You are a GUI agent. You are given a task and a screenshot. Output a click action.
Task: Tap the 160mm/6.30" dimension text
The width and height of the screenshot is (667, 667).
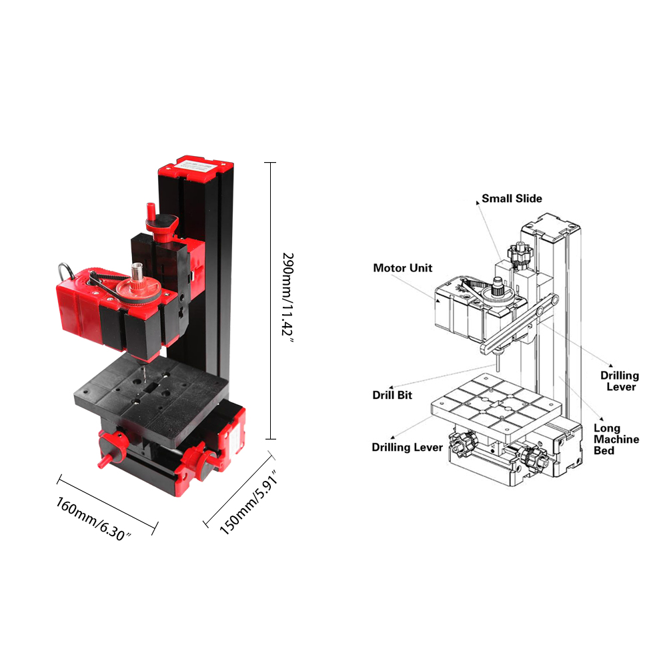(93, 519)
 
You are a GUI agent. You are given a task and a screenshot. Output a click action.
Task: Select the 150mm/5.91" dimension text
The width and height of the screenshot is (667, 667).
(249, 502)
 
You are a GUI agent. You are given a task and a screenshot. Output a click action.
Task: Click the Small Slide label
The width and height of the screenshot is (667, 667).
(512, 198)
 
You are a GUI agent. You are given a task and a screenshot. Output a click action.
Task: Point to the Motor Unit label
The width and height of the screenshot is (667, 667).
(402, 267)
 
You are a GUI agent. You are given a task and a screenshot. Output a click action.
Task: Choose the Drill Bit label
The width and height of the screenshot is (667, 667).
(392, 395)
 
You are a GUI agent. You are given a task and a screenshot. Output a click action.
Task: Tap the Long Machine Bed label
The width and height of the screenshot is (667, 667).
(616, 439)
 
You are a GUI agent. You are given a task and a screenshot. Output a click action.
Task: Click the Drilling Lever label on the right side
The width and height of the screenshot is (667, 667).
(620, 381)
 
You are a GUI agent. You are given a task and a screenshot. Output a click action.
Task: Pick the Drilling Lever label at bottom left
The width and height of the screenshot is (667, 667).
(407, 447)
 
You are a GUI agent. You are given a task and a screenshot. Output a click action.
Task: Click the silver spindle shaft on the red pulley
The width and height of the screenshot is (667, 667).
(137, 272)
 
